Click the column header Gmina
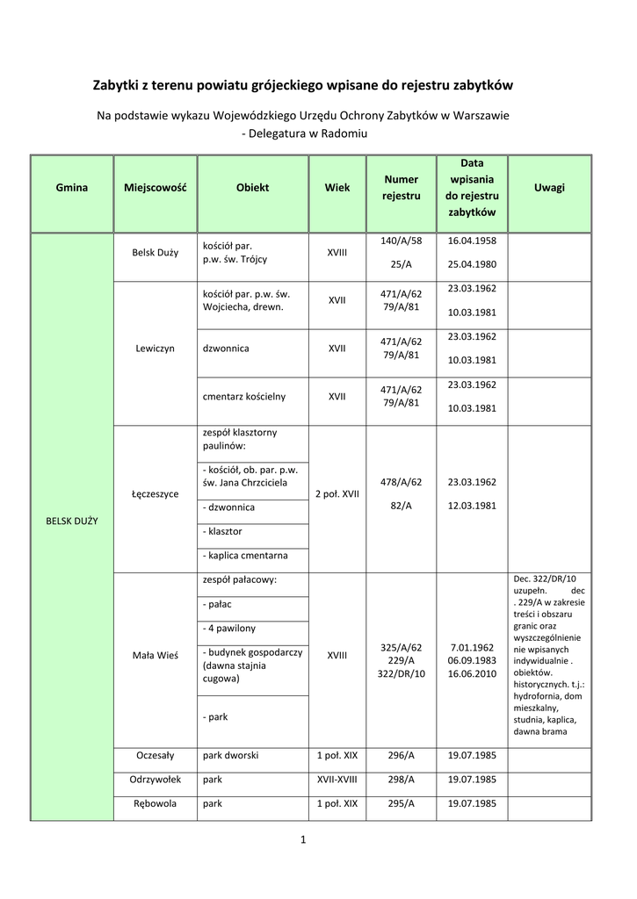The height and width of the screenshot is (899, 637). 72,188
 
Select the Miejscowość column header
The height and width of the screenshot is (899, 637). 156,188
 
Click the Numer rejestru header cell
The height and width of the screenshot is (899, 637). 401,188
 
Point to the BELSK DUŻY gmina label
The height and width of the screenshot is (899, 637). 72,521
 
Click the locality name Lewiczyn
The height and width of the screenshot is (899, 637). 156,349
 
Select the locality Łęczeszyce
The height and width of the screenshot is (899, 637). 156,494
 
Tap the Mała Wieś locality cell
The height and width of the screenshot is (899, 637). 156,656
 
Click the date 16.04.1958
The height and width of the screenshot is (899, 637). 472,241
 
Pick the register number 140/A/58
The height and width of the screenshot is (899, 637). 401,241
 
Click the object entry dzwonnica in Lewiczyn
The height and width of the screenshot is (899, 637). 226,349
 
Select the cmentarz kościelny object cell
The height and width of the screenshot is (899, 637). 244,397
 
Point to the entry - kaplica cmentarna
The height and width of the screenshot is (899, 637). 245,556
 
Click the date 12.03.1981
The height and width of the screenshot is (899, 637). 472,506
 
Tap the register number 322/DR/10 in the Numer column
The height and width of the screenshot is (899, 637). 401,673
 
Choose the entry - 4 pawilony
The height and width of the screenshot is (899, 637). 229,629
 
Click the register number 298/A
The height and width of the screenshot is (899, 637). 401,780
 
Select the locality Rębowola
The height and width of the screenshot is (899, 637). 156,803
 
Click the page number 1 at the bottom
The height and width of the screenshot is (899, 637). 302,841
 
